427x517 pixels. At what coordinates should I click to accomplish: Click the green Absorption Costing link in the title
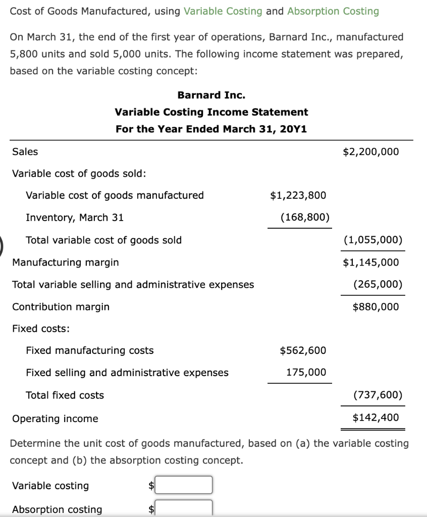click(333, 11)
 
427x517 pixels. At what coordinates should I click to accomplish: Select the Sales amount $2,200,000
click(370, 151)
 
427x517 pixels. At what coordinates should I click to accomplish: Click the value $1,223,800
click(298, 195)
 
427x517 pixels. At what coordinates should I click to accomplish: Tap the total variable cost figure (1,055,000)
click(372, 240)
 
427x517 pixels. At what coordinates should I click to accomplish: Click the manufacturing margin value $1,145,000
click(370, 263)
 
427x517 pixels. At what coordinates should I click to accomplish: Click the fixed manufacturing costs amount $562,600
click(303, 350)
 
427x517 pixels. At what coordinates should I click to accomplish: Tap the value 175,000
click(306, 373)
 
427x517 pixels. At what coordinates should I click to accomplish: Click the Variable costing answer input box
click(184, 485)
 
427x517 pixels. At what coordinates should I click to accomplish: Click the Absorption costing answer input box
click(184, 508)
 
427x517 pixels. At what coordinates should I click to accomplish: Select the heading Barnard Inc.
click(211, 95)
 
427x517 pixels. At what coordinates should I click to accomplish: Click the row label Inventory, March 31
click(75, 218)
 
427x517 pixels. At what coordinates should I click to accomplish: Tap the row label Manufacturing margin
click(66, 263)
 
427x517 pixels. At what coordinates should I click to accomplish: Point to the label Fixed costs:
click(41, 329)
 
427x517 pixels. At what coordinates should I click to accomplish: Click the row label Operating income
click(55, 419)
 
